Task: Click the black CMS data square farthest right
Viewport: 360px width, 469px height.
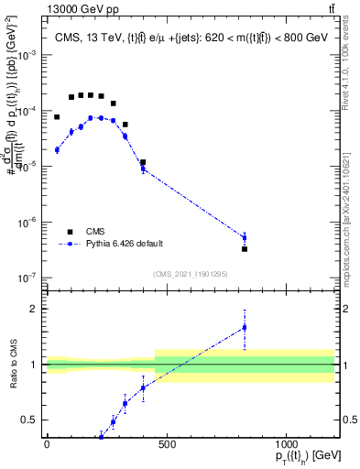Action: click(245, 248)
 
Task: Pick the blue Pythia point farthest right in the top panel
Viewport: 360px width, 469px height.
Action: click(245, 238)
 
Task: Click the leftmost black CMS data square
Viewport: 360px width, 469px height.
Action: click(57, 117)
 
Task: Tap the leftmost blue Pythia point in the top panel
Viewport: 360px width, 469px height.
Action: click(57, 149)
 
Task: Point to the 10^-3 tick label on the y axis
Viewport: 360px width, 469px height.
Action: click(27, 55)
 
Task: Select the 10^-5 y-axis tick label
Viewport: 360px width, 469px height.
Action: click(27, 167)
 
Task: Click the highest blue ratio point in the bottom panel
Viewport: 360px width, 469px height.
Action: click(245, 327)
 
